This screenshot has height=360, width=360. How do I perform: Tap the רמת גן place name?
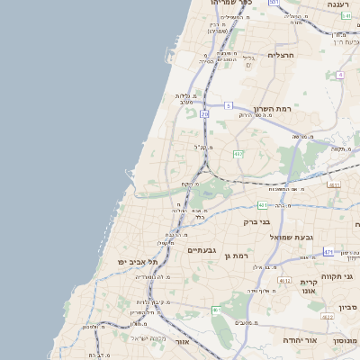coord(237,256)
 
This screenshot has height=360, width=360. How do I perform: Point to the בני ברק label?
coord(256,221)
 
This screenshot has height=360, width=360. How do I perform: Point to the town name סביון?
coord(348,308)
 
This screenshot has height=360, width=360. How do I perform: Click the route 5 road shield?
coord(229,106)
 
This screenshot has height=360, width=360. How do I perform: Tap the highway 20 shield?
coord(205,114)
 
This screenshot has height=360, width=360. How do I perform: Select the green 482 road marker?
coord(238,154)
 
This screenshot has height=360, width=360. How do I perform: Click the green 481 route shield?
coord(261,204)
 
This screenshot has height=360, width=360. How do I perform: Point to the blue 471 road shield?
coord(328,253)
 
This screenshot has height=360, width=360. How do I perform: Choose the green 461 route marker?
coord(216,310)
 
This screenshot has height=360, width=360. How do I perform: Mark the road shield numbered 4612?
coord(283,281)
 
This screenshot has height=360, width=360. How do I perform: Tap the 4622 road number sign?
coord(328,317)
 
